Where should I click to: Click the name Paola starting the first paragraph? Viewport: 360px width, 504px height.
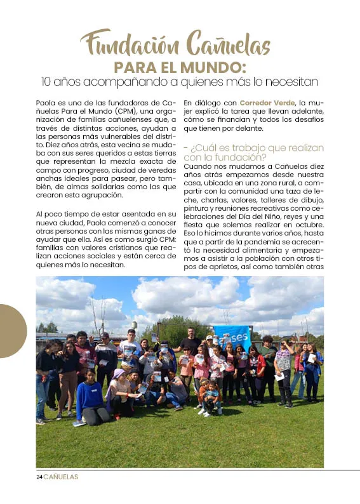coord(45,103)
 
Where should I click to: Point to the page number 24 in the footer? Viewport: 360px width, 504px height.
coord(39,477)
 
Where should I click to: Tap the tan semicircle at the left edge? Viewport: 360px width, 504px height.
coord(12,331)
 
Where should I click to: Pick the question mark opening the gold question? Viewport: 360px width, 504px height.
coord(192,148)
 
